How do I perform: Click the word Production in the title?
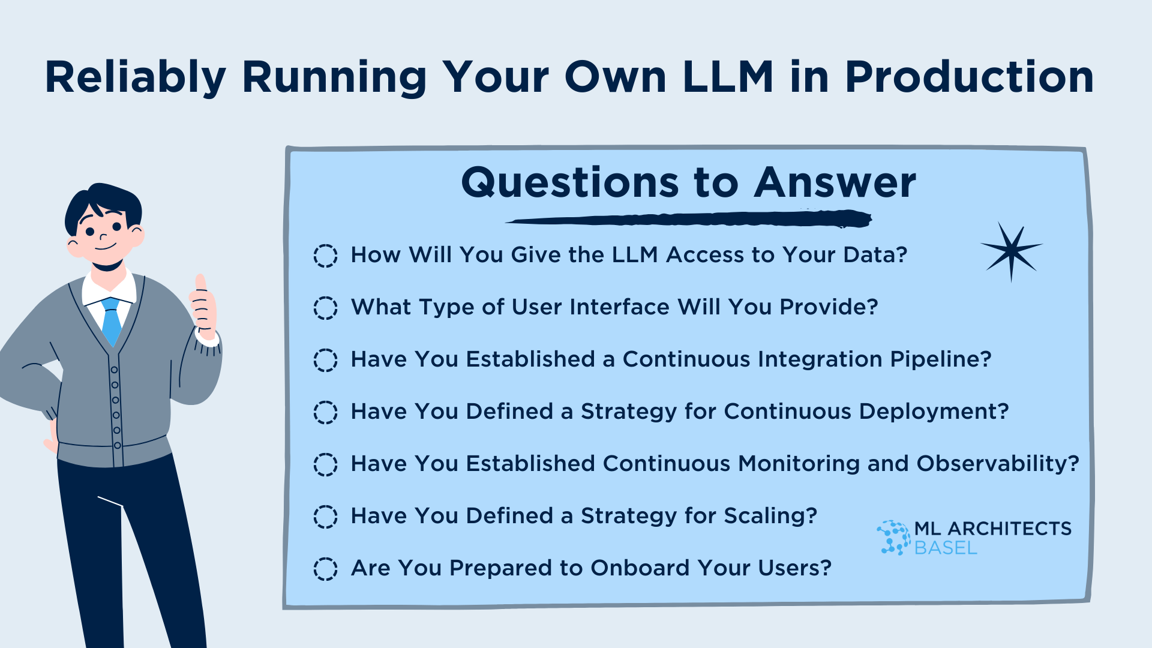pos(970,77)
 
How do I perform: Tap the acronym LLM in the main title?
pos(728,77)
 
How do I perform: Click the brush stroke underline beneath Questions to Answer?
pos(689,219)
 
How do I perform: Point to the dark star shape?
pos(1012,252)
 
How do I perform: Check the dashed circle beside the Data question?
pos(325,256)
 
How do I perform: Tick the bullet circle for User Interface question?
pos(325,308)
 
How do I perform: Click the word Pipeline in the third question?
pos(940,359)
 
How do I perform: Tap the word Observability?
pos(998,464)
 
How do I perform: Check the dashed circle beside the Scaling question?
pos(325,517)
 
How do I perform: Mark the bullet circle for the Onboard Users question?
pos(325,569)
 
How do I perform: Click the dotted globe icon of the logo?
pos(893,538)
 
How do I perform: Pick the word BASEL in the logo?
pos(946,548)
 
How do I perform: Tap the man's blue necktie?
pos(112,321)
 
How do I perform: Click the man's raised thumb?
pos(201,283)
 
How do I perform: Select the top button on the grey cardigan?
pos(114,370)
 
